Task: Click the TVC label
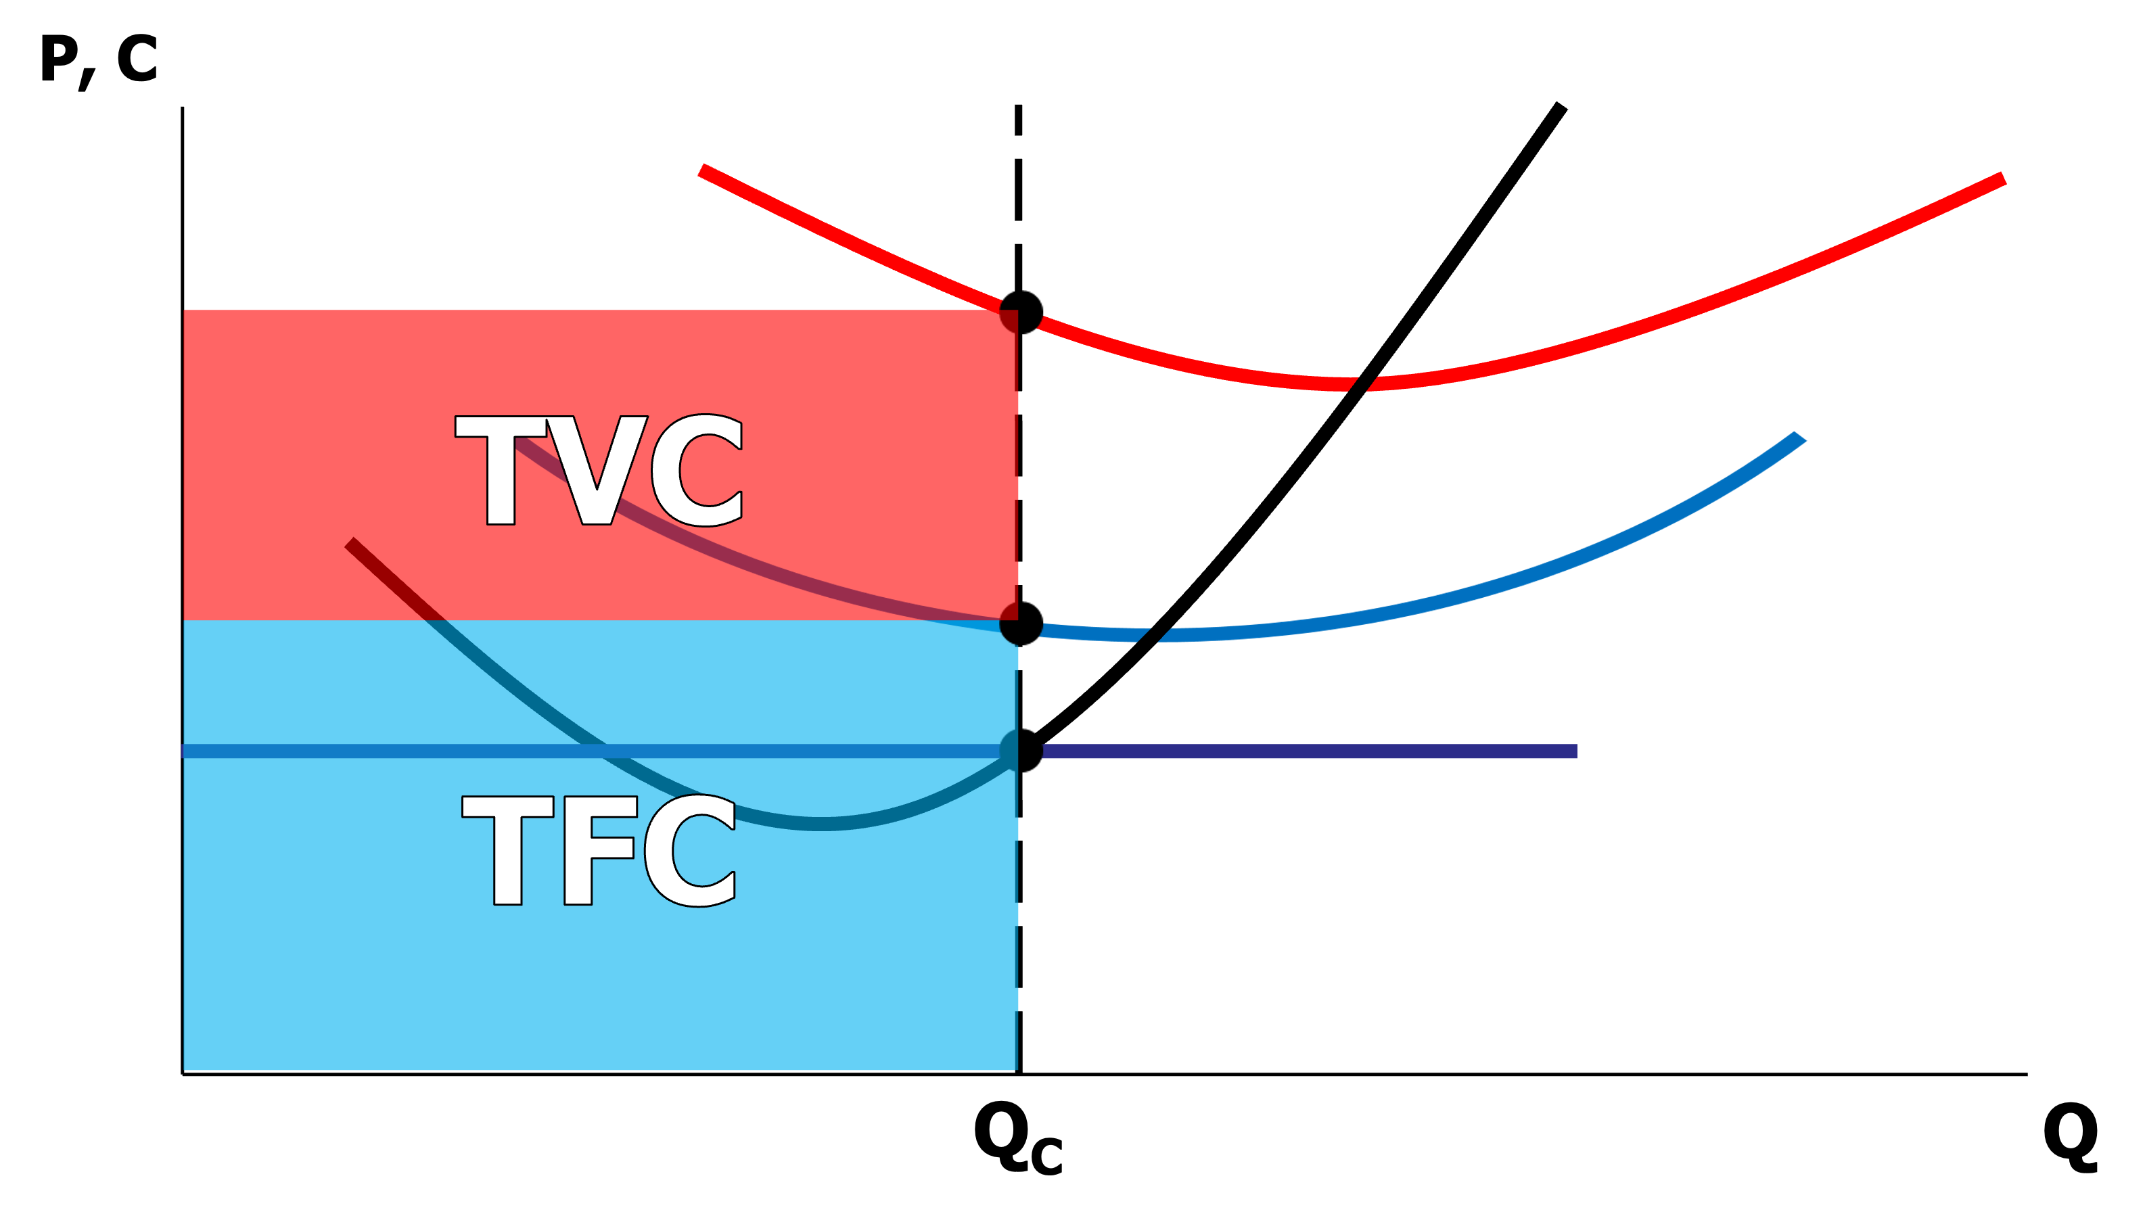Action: point(599,470)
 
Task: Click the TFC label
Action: point(599,850)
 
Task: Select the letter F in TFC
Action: point(598,850)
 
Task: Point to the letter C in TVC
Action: point(707,470)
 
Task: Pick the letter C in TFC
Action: point(691,850)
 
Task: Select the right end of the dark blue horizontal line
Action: point(1576,751)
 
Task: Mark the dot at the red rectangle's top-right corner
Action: point(1019,314)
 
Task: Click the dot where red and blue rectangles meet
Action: point(1019,624)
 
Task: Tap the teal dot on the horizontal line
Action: point(1017,749)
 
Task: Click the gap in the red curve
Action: point(1364,384)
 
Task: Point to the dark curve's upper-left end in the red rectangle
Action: point(350,544)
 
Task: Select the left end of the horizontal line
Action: point(184,751)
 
